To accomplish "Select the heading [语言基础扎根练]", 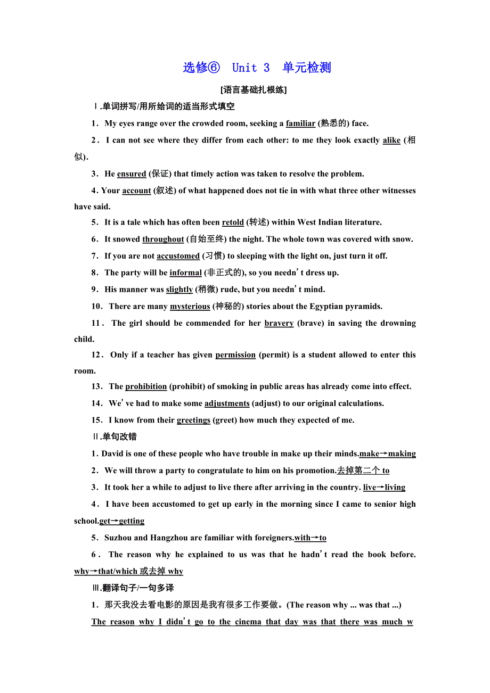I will [254, 90].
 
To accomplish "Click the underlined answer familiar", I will [300, 123].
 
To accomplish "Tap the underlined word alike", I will [391, 141].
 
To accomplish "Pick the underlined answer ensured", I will [132, 174].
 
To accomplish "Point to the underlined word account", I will [137, 191].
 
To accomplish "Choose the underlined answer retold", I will [233, 222].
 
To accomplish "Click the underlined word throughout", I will [163, 240].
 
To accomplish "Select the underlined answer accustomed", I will [178, 256].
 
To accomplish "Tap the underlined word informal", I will [185, 273].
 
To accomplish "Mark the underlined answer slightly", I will [179, 290].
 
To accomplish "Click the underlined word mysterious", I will [190, 307].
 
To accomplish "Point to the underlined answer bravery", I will [279, 323].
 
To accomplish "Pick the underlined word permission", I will [235, 355].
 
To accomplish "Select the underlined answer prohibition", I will [146, 387].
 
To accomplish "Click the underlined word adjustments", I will [227, 403].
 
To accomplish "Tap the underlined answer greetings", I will [193, 420].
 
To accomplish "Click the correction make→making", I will [388, 454].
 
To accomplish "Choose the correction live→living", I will [384, 488].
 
